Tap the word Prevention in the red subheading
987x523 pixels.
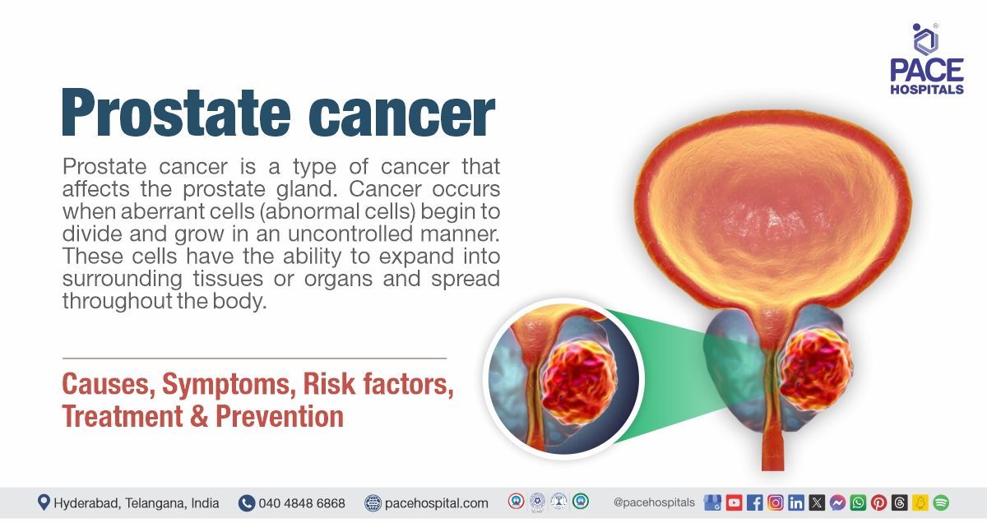(280, 416)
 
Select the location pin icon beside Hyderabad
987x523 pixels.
(44, 502)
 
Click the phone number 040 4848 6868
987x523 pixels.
(302, 502)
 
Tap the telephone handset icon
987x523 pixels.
(247, 502)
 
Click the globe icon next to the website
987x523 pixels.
(373, 502)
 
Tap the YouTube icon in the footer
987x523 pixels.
(734, 502)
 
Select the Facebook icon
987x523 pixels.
(754, 502)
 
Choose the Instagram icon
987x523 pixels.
(775, 502)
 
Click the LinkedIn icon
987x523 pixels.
(796, 502)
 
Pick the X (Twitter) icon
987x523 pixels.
(817, 502)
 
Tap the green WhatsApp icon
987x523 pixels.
(858, 502)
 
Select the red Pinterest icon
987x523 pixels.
(878, 502)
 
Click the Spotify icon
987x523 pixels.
(941, 502)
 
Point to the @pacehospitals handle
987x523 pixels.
(654, 502)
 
